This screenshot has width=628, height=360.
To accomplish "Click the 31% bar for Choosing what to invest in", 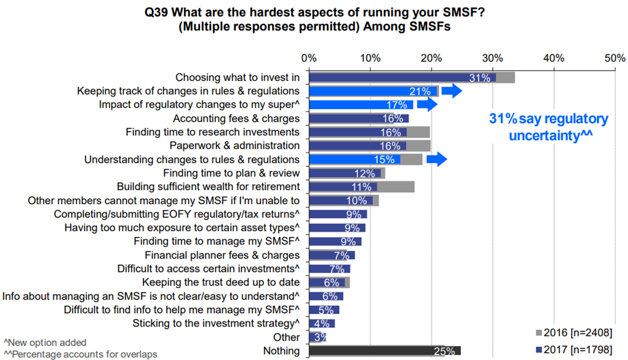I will pos(402,78).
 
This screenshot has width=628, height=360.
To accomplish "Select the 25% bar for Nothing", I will pos(384,351).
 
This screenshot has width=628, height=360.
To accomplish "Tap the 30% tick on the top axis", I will pos(493,58).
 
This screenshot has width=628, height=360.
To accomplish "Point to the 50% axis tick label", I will pos(615,58).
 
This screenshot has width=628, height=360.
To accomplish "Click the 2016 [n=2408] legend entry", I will pos(575,333).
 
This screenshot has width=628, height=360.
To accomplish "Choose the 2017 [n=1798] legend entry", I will pos(575,350).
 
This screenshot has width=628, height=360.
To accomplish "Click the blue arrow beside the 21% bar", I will pos(452,91).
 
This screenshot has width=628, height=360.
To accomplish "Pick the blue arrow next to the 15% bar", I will pos(437,159).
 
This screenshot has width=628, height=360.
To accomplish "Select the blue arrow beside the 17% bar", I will pos(427,104).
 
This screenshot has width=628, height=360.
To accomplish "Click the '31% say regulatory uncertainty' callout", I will pos(549,127).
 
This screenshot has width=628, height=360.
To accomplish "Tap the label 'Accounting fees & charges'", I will pos(236,119).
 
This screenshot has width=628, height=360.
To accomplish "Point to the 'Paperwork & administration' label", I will pos(234,146).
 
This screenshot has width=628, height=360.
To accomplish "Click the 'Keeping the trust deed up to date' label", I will pos(221,282).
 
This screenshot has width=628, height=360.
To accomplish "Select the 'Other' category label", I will pos(286,337).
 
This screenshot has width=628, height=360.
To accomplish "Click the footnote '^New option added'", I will pos(45,342).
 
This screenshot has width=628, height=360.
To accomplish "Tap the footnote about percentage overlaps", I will pos(81,355).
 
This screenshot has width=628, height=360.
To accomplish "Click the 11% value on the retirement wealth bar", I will pos(361,187).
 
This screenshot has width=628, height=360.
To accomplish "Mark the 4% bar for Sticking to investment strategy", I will pos(322,324).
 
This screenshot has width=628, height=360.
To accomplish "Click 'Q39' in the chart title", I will pos(156,12).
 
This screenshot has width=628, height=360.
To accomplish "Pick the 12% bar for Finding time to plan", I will pos(345,173).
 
